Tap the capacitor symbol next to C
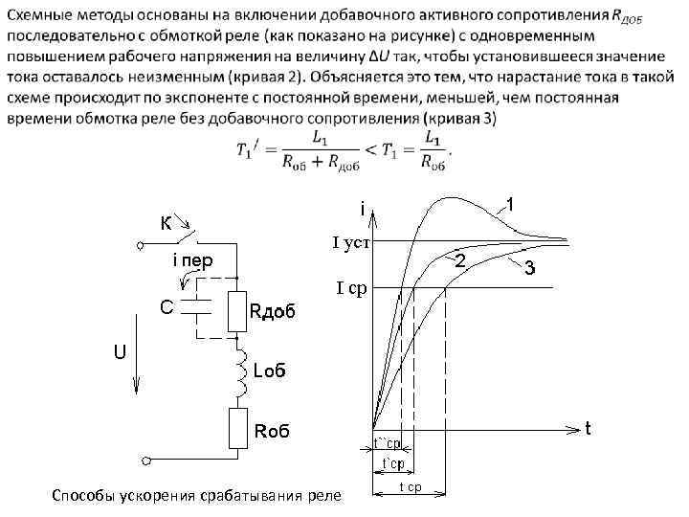198,306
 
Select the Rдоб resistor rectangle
237,309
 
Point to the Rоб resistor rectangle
237,428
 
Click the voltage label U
120,351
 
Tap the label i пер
190,259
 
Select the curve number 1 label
513,205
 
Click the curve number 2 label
459,261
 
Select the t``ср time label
387,443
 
